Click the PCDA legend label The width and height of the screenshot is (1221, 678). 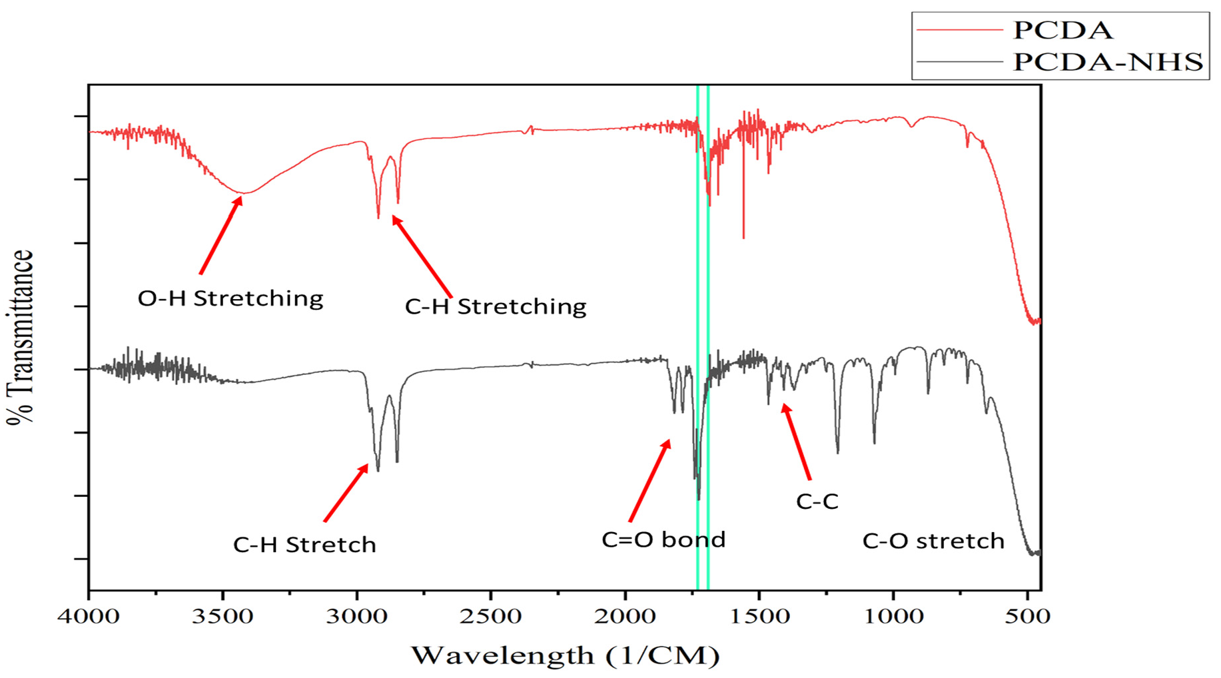1062,30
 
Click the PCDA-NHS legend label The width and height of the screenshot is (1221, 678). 1107,62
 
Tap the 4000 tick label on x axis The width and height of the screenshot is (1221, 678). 89,616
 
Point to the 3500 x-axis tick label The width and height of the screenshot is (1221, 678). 222,616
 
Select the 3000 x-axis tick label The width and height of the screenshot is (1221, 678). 357,616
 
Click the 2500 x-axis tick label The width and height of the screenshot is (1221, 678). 491,616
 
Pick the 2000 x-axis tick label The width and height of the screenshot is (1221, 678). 625,616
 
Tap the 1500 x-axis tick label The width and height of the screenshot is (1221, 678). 759,616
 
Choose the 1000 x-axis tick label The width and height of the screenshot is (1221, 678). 893,616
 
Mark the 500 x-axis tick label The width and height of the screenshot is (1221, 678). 1027,616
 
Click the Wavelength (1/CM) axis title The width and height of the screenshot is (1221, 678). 565,655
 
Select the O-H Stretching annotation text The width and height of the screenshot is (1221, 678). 230,298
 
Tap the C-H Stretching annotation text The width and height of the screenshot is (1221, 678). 496,306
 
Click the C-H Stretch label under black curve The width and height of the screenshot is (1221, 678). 304,545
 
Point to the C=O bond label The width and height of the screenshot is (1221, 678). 663,539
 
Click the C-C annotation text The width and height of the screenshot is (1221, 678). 817,502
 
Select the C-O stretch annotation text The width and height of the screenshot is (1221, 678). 933,541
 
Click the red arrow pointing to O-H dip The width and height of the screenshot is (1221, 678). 220,235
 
